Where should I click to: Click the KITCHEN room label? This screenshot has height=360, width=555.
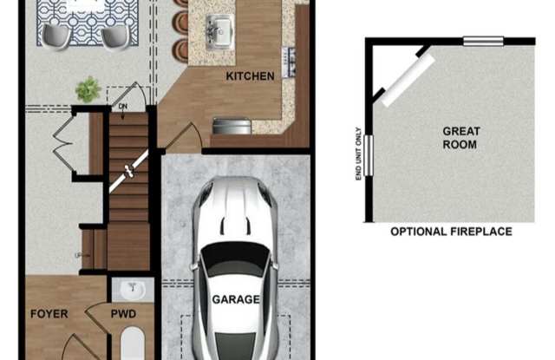[x=250, y=76]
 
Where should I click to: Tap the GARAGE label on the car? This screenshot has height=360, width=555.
[x=236, y=299]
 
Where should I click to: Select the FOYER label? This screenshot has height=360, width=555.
[x=49, y=314]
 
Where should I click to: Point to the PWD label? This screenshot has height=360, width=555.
[x=123, y=314]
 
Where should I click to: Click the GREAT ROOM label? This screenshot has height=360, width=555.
[x=460, y=138]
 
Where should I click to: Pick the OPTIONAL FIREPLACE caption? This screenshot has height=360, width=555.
[x=451, y=232]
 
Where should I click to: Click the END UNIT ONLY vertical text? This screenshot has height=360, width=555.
[x=358, y=154]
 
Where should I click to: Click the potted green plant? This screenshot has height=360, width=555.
[x=88, y=89]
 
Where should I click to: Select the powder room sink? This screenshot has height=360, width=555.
[x=133, y=291]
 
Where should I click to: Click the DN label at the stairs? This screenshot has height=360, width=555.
[x=123, y=106]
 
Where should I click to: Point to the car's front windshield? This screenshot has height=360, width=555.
[x=235, y=258]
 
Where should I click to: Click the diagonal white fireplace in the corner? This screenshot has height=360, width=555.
[x=408, y=80]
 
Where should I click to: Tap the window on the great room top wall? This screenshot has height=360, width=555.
[x=483, y=42]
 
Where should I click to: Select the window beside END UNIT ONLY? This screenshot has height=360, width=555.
[x=369, y=155]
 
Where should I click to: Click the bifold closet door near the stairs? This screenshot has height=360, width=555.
[x=63, y=142]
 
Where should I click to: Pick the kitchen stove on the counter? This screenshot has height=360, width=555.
[x=289, y=62]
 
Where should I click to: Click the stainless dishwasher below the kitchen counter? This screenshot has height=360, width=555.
[x=232, y=127]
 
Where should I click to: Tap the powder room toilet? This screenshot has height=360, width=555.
[x=133, y=343]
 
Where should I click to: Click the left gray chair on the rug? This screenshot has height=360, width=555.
[x=56, y=36]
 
